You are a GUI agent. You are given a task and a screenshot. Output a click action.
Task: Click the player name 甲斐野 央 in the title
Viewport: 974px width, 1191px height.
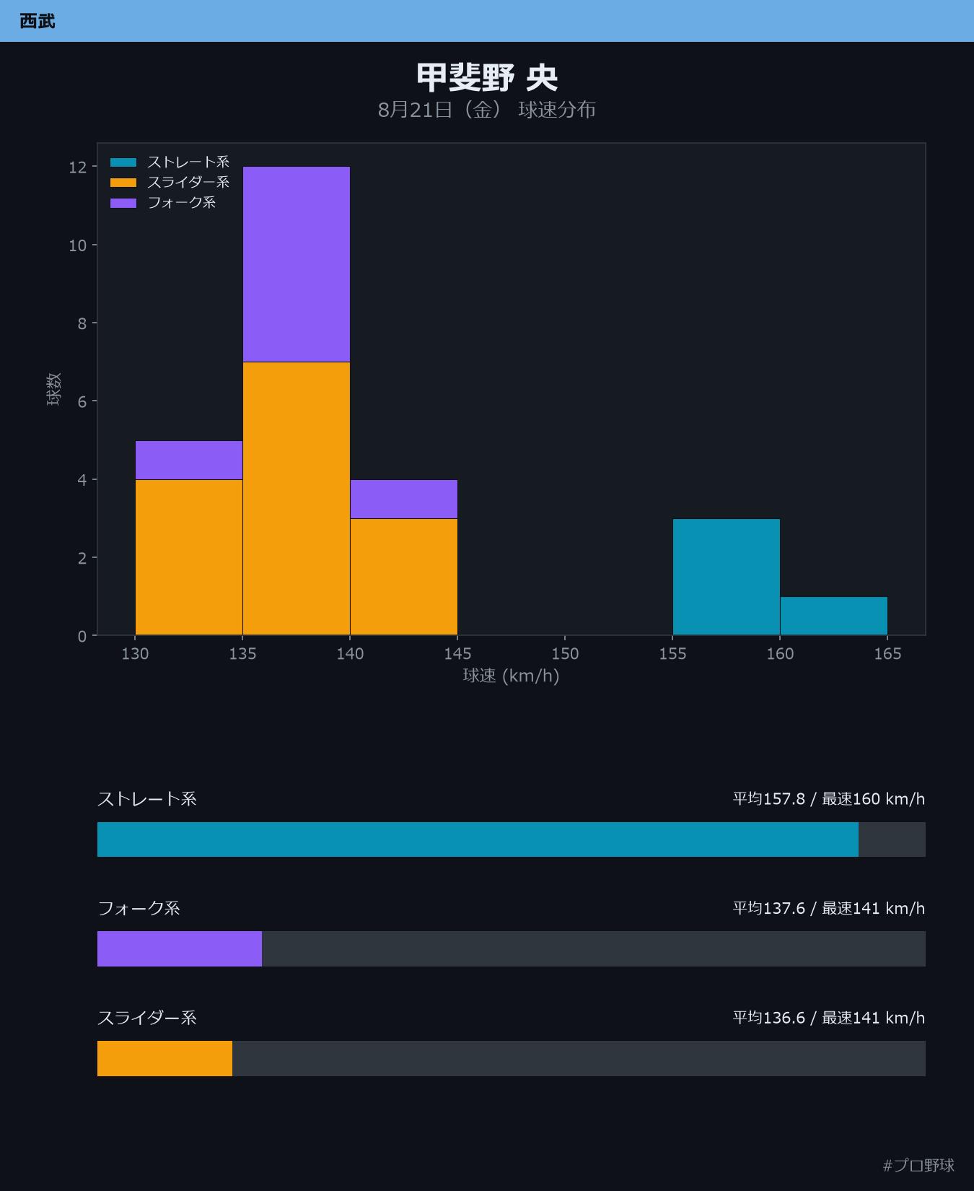(487, 77)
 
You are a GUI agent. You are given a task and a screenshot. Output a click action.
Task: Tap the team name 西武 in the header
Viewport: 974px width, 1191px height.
(38, 21)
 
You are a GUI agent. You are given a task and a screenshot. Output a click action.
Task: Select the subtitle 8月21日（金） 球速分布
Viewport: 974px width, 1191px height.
(487, 110)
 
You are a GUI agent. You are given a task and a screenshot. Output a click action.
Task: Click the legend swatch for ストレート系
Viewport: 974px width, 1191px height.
(123, 162)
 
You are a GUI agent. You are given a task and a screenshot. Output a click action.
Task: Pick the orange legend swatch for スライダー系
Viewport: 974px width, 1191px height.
(123, 183)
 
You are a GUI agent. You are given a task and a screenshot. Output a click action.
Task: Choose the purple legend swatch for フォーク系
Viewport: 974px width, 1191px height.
(123, 203)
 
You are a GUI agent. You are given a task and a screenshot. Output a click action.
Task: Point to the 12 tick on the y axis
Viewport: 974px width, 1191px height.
(77, 167)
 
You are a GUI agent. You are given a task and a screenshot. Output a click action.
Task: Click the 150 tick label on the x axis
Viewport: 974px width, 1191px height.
(565, 653)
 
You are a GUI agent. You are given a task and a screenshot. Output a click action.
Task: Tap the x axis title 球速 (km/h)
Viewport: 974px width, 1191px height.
(512, 676)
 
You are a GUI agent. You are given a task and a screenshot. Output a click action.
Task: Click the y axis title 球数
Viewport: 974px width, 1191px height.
(54, 389)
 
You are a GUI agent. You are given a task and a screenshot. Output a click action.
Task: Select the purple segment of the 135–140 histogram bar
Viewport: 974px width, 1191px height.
(297, 264)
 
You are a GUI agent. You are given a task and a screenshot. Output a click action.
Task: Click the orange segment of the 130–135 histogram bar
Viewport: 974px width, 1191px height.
(189, 557)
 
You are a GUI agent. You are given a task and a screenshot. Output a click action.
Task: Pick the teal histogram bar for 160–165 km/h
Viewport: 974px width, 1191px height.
(833, 616)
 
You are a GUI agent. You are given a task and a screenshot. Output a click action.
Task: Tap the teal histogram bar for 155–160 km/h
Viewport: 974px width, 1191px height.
(727, 577)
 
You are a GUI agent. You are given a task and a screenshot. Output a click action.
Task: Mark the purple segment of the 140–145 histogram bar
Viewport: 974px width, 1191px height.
(404, 499)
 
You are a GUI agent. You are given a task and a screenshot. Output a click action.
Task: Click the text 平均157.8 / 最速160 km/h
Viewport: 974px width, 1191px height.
(829, 799)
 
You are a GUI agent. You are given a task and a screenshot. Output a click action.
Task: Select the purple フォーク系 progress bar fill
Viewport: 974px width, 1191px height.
(180, 948)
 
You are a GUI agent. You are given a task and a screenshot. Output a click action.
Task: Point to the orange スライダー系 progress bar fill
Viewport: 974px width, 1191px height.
(164, 1058)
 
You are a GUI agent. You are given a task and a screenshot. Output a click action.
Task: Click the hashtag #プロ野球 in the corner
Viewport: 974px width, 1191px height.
(918, 1165)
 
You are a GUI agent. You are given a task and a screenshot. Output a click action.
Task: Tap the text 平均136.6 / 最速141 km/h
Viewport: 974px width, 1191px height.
(829, 1018)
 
